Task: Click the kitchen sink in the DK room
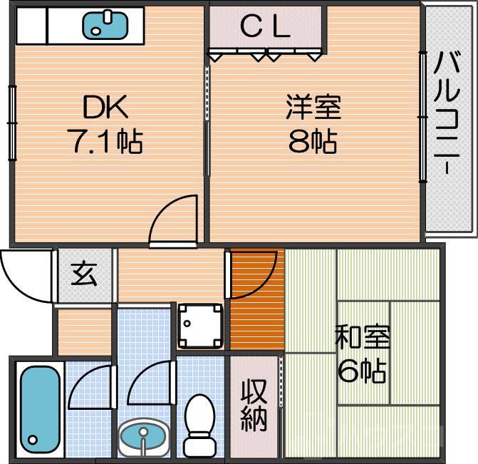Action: (x=106, y=25)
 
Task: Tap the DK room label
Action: (x=106, y=108)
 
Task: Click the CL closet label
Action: (x=264, y=27)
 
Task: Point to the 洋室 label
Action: (x=313, y=108)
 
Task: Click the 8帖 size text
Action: (x=313, y=143)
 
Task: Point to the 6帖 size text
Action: (x=363, y=371)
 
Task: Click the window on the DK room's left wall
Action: (x=12, y=121)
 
